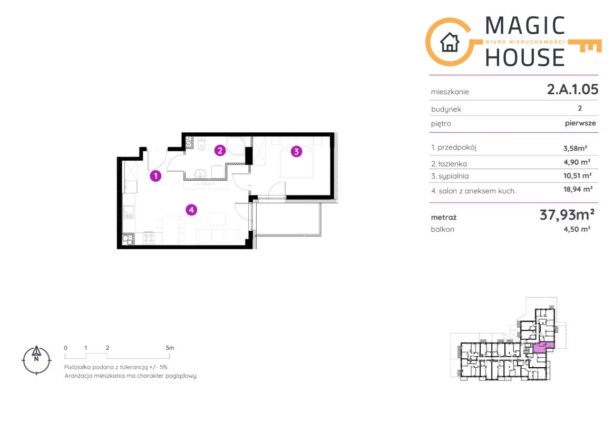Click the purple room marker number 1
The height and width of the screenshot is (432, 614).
click(x=156, y=176)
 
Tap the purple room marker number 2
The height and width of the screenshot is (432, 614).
click(x=220, y=150)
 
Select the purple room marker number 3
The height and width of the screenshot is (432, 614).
click(x=296, y=151)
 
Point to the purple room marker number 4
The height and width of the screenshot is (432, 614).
click(x=191, y=210)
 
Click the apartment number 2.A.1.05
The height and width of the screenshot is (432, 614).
click(x=572, y=89)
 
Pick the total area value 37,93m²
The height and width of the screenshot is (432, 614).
click(x=567, y=214)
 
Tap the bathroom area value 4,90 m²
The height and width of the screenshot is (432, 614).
click(x=577, y=162)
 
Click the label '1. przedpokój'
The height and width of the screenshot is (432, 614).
click(x=453, y=148)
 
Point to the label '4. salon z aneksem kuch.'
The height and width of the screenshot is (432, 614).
click(x=473, y=191)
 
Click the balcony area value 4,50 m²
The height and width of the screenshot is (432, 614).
click(x=577, y=229)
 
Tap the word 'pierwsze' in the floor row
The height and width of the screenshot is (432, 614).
click(x=580, y=123)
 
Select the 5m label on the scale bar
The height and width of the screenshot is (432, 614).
click(x=170, y=348)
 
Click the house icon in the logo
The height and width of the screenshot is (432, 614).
click(x=450, y=42)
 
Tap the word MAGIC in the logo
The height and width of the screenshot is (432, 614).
click(x=525, y=26)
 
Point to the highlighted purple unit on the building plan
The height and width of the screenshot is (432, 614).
click(x=543, y=347)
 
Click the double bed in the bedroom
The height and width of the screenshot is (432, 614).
click(x=296, y=157)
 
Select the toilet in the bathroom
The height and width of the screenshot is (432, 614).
click(x=201, y=145)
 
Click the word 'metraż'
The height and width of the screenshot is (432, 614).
click(x=444, y=217)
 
